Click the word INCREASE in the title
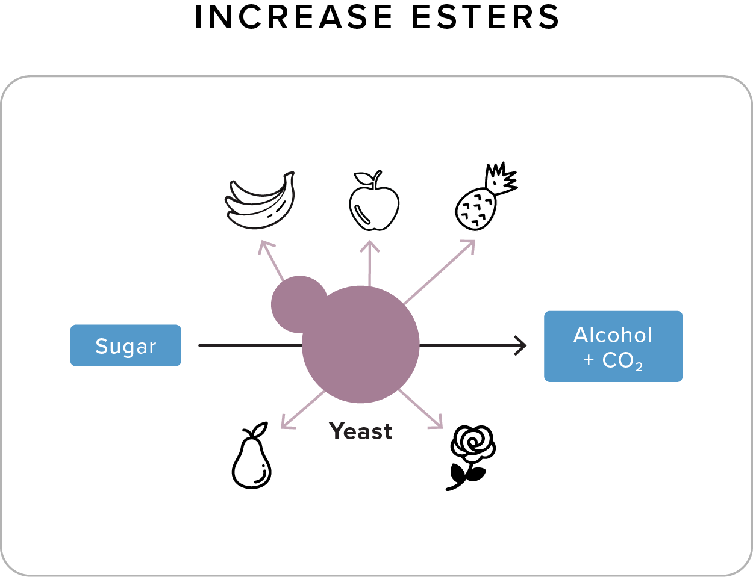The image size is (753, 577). click(294, 17)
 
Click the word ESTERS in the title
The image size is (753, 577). click(486, 17)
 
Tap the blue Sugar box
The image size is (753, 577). click(125, 345)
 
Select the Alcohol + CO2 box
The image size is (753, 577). click(613, 347)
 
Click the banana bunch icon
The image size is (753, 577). click(260, 201)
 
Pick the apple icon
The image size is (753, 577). click(374, 203)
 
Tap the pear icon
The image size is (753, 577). click(252, 458)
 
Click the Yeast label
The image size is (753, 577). click(360, 431)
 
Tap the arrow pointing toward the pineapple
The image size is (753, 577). click(440, 271)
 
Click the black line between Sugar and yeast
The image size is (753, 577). click(250, 345)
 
